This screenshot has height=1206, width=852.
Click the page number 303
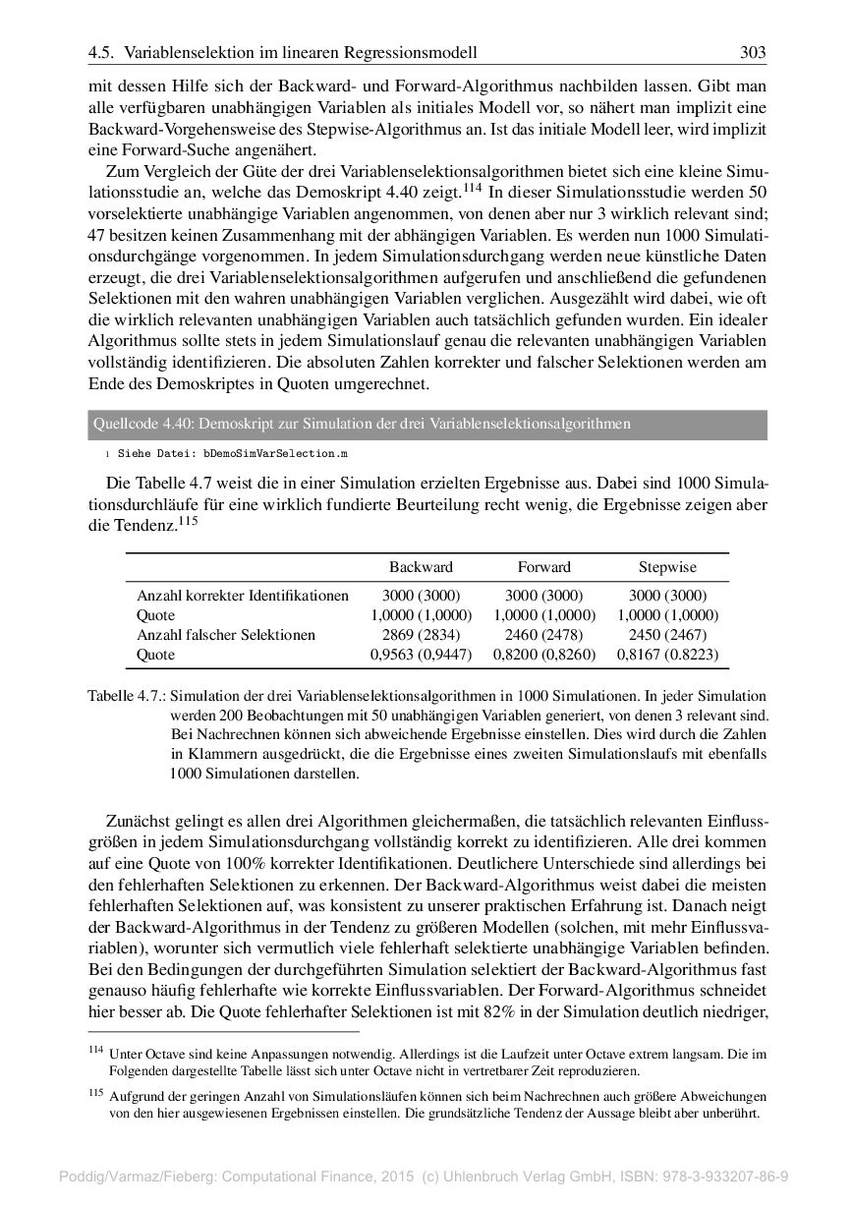753,52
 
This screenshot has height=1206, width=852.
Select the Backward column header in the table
421,567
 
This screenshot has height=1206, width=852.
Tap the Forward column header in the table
543,567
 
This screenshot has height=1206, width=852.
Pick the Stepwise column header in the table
667,567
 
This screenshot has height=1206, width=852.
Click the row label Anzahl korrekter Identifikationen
243,596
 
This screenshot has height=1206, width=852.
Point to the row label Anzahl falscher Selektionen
226,635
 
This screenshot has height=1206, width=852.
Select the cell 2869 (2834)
421,635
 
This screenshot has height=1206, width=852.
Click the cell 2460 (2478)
543,635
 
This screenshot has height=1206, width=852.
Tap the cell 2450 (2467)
667,635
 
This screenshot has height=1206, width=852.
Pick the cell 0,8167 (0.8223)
667,654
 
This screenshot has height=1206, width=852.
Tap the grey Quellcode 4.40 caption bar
427,424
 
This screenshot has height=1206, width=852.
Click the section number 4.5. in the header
101,52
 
